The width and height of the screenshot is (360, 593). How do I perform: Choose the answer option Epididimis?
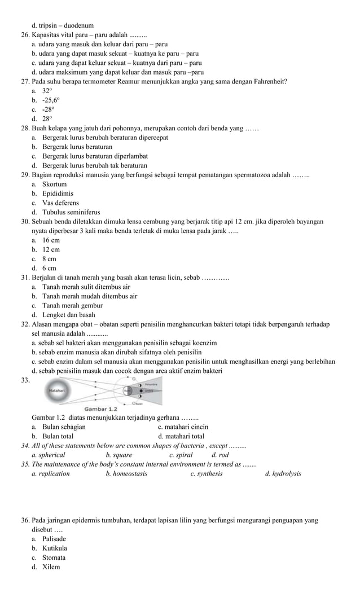[58, 194]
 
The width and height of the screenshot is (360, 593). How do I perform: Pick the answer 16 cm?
[51, 240]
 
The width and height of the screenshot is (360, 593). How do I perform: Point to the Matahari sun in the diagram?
[57, 390]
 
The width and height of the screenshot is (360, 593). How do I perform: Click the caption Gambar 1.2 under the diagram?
[100, 408]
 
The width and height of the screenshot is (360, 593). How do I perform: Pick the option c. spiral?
[181, 455]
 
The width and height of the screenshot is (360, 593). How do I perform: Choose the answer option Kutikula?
[54, 548]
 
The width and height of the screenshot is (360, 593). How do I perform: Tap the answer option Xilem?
[51, 566]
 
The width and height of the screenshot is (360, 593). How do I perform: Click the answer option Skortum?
[54, 184]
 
